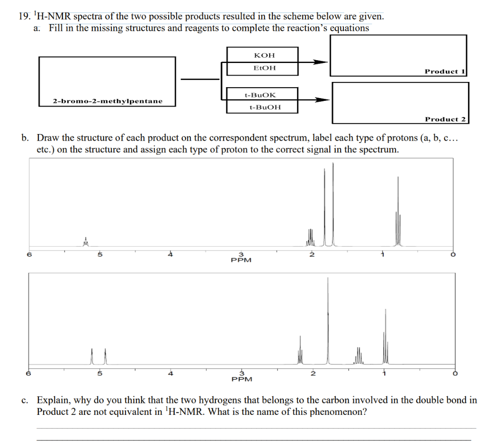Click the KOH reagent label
pyautogui.click(x=264, y=55)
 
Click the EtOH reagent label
pyautogui.click(x=265, y=68)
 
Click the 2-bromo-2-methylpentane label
pyautogui.click(x=108, y=101)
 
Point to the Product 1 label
pyautogui.click(x=445, y=72)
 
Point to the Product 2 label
pyautogui.click(x=445, y=119)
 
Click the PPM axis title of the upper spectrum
pyautogui.click(x=241, y=260)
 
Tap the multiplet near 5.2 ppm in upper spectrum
pyautogui.click(x=86, y=242)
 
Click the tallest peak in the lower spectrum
pyautogui.click(x=328, y=322)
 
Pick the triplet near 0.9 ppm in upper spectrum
pyautogui.click(x=398, y=213)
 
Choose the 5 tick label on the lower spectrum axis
pyautogui.click(x=99, y=373)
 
